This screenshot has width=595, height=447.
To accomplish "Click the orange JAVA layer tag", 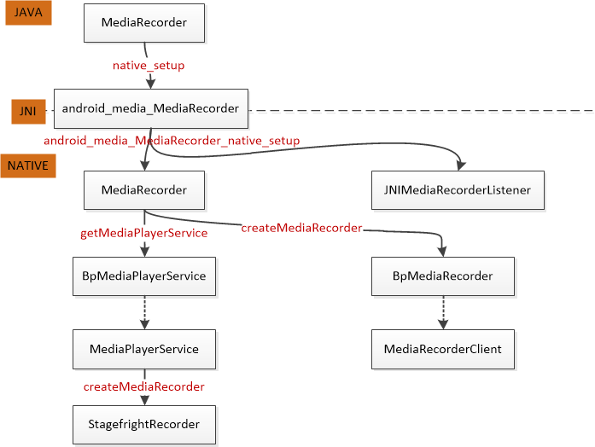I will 28,14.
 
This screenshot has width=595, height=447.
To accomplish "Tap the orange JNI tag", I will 27,111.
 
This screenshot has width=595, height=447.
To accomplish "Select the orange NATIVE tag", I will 28,165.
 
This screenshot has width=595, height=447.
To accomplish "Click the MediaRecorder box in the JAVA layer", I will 143,23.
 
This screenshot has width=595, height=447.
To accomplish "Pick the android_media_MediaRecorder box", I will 150,108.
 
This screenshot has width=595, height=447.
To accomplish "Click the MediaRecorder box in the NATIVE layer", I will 143,190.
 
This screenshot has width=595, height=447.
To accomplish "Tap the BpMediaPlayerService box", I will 143,276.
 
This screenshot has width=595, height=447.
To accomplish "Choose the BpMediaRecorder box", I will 442,276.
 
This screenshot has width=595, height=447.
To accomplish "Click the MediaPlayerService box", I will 143,349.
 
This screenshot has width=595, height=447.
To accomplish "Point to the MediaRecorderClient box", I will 442,349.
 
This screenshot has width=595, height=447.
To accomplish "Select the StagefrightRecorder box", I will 143,424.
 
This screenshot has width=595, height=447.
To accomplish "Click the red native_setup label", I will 149,65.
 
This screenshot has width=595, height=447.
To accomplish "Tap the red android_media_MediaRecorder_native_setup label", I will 172,140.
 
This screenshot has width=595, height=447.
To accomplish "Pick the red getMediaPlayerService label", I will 143,233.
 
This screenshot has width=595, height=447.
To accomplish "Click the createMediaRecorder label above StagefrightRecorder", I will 143,386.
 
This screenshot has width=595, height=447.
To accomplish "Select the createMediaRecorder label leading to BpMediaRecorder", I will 301,228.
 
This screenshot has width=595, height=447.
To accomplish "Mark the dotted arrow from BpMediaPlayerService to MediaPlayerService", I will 144,312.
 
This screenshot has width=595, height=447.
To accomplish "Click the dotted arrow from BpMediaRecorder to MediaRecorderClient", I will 442,312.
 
